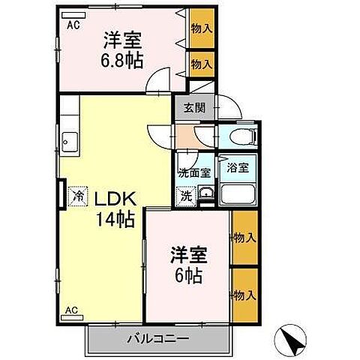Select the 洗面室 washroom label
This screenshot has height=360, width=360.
194,172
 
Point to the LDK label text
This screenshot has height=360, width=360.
114,198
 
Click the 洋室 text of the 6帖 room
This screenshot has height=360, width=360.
187,254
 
